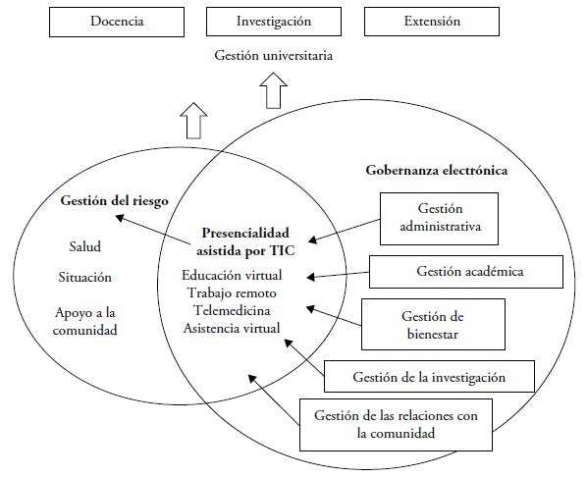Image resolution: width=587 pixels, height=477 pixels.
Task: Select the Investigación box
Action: tap(273, 22)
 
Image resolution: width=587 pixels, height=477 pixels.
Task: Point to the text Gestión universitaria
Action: tap(274, 55)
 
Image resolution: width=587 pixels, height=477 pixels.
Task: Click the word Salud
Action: tap(84, 246)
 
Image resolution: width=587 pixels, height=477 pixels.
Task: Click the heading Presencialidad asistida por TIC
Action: tap(245, 241)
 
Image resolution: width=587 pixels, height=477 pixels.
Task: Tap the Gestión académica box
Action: tap(465, 271)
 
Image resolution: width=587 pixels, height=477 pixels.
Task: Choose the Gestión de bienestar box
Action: tap(426, 325)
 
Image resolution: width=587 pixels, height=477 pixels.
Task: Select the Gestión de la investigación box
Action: tap(429, 375)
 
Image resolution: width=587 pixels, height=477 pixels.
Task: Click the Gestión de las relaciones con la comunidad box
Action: tap(396, 424)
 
